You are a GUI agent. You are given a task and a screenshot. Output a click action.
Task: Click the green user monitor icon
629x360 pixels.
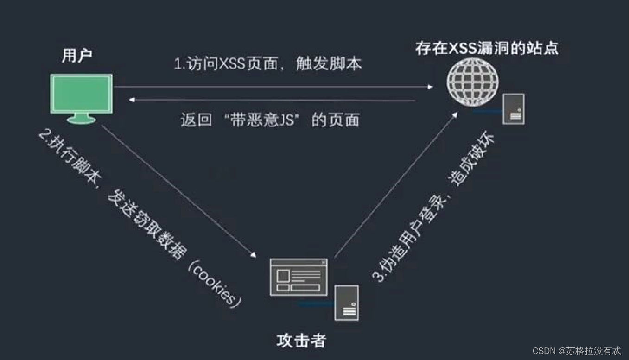pos(82,94)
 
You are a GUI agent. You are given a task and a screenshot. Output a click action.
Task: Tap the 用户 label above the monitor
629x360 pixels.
pos(77,56)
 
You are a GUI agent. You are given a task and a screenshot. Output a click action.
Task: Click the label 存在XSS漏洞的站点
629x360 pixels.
pos(487,48)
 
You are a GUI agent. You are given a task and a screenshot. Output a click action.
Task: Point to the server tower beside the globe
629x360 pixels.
pos(514,108)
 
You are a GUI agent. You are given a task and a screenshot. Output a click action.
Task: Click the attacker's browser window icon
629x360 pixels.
pos(299,277)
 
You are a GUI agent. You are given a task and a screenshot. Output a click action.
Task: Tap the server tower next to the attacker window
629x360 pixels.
pos(347,302)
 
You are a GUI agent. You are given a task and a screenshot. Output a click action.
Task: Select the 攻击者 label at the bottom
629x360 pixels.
pos(301,341)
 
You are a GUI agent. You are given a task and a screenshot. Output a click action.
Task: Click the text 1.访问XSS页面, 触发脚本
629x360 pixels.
pos(267,63)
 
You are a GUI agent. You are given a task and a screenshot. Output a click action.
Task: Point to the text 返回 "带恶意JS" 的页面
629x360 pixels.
pos(270,120)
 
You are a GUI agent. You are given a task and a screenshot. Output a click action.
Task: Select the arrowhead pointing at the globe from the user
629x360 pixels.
pos(430,87)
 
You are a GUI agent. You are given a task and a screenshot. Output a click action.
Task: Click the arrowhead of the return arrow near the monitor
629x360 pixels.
pos(133,100)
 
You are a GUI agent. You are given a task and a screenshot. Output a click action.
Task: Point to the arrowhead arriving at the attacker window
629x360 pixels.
pos(254,254)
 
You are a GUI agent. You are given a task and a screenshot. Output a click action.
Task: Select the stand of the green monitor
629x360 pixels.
pos(81,120)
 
